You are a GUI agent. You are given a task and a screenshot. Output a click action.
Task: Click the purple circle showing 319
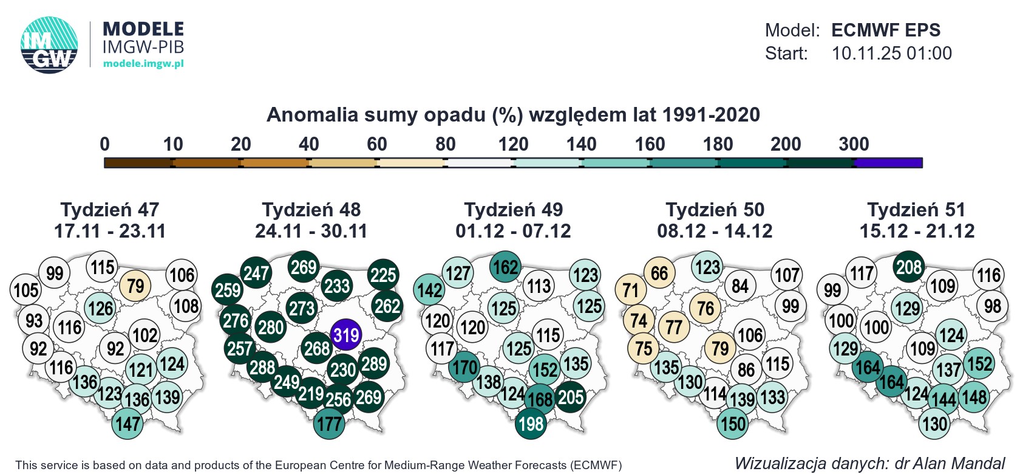[346, 335]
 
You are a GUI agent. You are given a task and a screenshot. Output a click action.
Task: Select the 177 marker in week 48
[329, 423]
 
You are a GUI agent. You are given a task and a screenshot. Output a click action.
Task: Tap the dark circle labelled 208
[909, 266]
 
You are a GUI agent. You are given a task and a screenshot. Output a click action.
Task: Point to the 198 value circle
[531, 423]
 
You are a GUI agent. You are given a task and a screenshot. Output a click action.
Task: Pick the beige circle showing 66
[659, 273]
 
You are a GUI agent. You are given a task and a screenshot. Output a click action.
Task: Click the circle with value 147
[127, 423]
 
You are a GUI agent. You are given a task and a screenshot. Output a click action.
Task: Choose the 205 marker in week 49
[571, 397]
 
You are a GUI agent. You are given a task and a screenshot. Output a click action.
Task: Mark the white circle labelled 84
[739, 286]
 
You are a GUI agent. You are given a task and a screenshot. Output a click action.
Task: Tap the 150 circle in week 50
[733, 423]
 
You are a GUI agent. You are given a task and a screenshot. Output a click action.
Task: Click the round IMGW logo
[49, 45]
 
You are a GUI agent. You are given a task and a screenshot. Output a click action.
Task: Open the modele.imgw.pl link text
[143, 63]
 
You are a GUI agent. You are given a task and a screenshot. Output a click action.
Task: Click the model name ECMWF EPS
[886, 30]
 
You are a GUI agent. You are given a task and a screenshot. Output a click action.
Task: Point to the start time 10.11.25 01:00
[891, 53]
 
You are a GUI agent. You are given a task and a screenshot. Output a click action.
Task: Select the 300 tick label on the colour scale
[854, 144]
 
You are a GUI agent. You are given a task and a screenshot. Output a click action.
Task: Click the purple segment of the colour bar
[888, 163]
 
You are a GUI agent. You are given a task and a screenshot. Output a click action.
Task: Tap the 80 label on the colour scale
[445, 144]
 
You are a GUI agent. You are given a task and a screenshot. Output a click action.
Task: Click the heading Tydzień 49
[514, 210]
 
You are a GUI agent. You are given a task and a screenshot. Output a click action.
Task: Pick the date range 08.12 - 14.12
[715, 231]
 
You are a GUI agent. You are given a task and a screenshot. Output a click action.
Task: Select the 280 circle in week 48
[271, 328]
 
